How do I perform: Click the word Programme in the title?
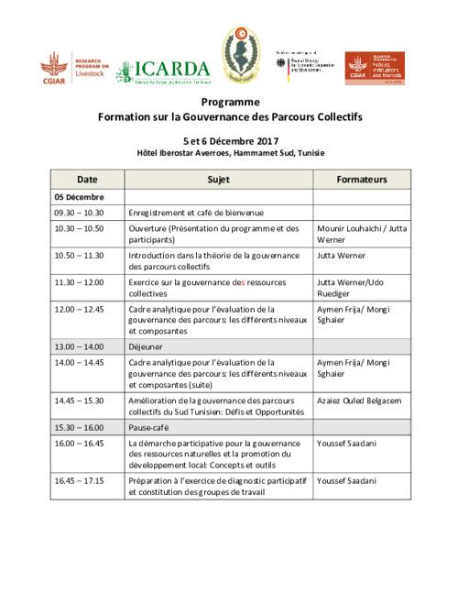click(228, 104)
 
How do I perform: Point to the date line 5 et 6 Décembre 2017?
click(228, 140)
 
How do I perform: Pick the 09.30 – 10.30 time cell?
click(78, 212)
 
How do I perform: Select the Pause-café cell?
click(151, 428)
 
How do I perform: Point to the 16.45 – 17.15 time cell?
click(79, 480)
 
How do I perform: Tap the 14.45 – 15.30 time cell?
click(79, 401)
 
